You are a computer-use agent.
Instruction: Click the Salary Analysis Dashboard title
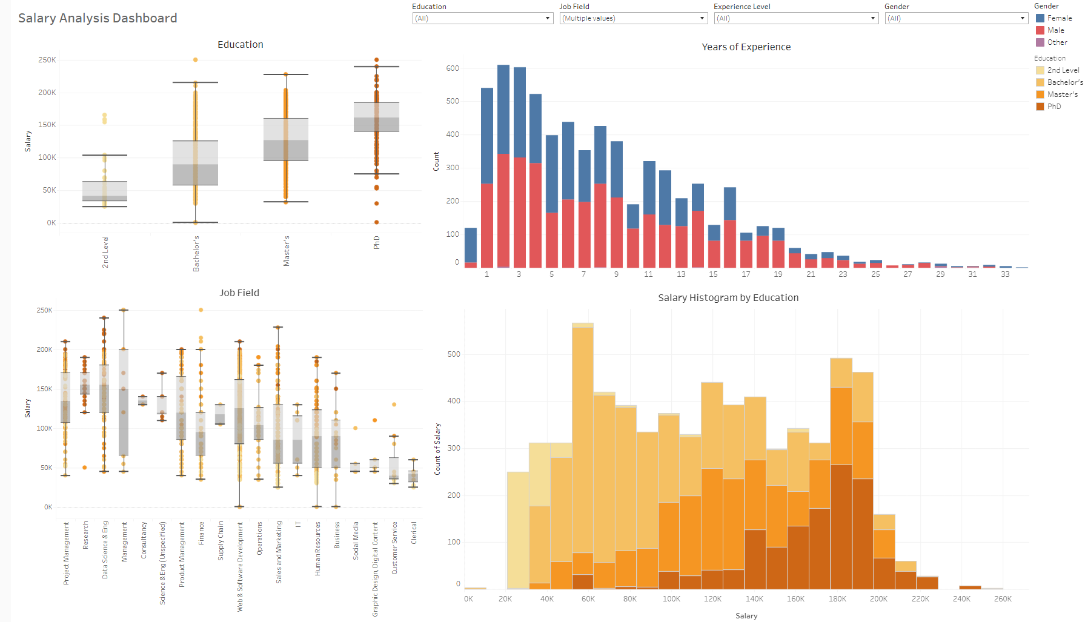click(98, 18)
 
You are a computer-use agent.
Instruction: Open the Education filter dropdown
click(482, 18)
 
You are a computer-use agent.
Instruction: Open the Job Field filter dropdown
click(633, 18)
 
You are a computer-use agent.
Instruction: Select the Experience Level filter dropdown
click(796, 18)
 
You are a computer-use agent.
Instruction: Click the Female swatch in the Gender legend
click(1040, 18)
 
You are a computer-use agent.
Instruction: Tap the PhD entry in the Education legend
click(1054, 107)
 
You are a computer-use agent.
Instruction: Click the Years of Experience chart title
click(746, 47)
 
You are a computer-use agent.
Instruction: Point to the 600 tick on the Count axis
click(453, 68)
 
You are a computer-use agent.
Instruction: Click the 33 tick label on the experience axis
click(1005, 274)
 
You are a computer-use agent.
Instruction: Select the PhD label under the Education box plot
click(377, 242)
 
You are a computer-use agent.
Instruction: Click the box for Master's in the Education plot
click(286, 139)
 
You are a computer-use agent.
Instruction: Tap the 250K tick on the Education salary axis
click(47, 60)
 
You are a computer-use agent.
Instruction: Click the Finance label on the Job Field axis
click(202, 533)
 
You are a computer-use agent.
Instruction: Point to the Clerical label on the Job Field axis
click(414, 533)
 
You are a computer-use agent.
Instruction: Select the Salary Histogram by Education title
click(728, 298)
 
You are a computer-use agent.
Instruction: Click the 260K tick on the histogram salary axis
click(1003, 599)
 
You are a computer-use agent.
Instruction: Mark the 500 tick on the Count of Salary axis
click(454, 354)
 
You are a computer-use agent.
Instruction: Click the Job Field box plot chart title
click(239, 293)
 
